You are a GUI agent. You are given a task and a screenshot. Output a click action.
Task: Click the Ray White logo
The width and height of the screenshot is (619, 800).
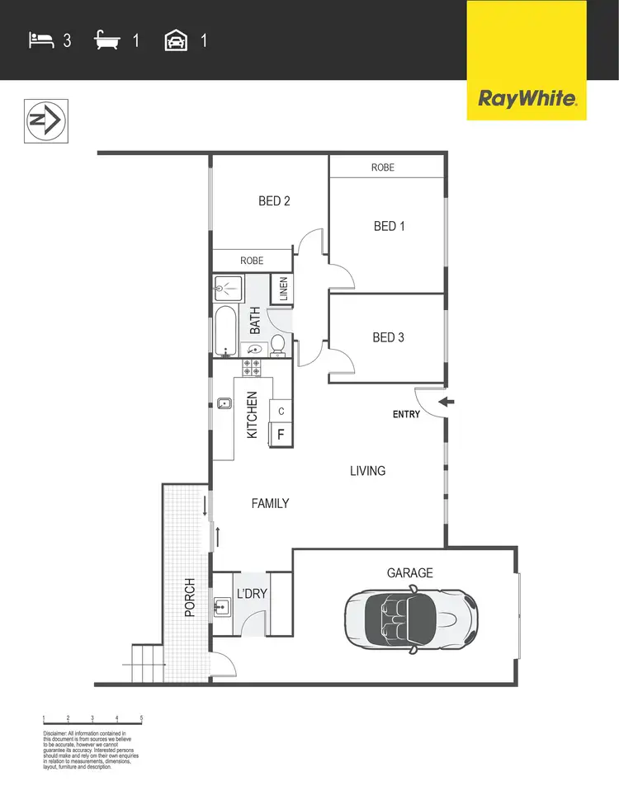(x=527, y=99)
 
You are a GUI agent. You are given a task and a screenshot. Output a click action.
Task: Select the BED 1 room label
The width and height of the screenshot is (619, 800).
(x=389, y=226)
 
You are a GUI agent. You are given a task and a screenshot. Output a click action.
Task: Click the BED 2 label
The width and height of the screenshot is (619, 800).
(x=274, y=200)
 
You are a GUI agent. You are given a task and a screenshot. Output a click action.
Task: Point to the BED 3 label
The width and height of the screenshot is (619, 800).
(x=388, y=337)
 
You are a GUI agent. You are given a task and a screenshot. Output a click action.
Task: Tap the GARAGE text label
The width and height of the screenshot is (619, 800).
(x=410, y=573)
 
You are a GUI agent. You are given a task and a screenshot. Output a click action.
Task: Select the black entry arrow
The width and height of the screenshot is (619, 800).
(x=446, y=402)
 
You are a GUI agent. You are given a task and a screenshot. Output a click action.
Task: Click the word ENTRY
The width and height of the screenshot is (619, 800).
(x=406, y=414)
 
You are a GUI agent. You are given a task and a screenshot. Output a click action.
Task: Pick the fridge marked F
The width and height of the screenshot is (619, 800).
(x=281, y=433)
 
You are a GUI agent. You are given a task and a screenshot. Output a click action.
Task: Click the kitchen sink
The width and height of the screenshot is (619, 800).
(x=224, y=404)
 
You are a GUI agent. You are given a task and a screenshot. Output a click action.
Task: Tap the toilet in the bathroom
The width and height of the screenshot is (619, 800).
(x=278, y=344)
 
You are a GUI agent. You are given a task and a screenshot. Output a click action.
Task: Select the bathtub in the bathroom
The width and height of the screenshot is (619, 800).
(x=225, y=332)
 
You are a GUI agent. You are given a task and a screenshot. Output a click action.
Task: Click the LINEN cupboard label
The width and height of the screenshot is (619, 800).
(x=283, y=289)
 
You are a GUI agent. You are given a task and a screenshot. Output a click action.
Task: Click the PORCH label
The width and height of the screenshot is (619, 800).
(x=190, y=597)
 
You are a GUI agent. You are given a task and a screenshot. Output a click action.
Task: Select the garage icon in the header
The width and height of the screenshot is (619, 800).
(x=175, y=39)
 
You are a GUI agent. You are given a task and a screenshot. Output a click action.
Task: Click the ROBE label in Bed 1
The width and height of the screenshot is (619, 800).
(x=383, y=167)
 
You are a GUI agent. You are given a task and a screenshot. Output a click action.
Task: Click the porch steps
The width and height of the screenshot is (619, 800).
(x=146, y=662)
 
